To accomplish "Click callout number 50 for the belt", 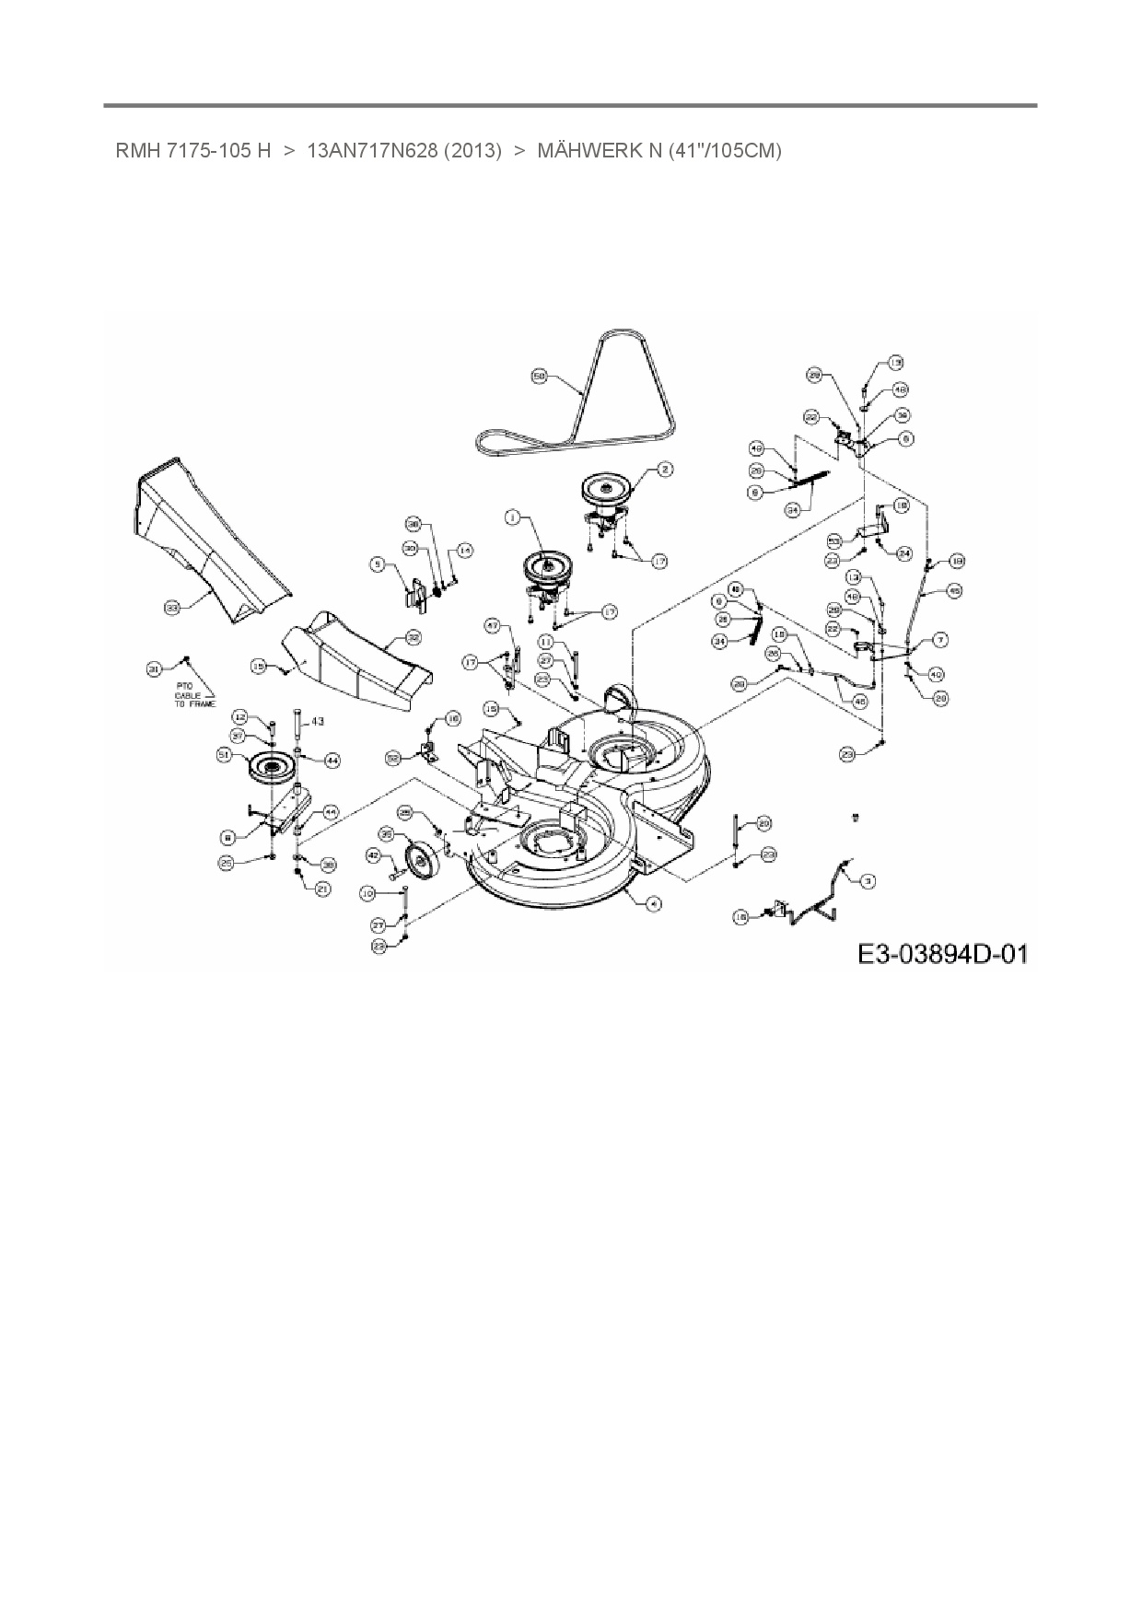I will (x=540, y=376).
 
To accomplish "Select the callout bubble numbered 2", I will (x=666, y=469).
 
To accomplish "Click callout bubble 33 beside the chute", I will (x=170, y=608).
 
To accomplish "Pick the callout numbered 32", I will (x=414, y=636).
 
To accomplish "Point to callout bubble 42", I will (x=374, y=855).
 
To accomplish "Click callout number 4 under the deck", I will (x=653, y=903).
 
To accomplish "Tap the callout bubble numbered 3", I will (x=867, y=881).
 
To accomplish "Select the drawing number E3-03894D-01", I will (x=941, y=953).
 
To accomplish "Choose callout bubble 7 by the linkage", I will (x=940, y=639).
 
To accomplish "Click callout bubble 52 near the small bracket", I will (x=393, y=758).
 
